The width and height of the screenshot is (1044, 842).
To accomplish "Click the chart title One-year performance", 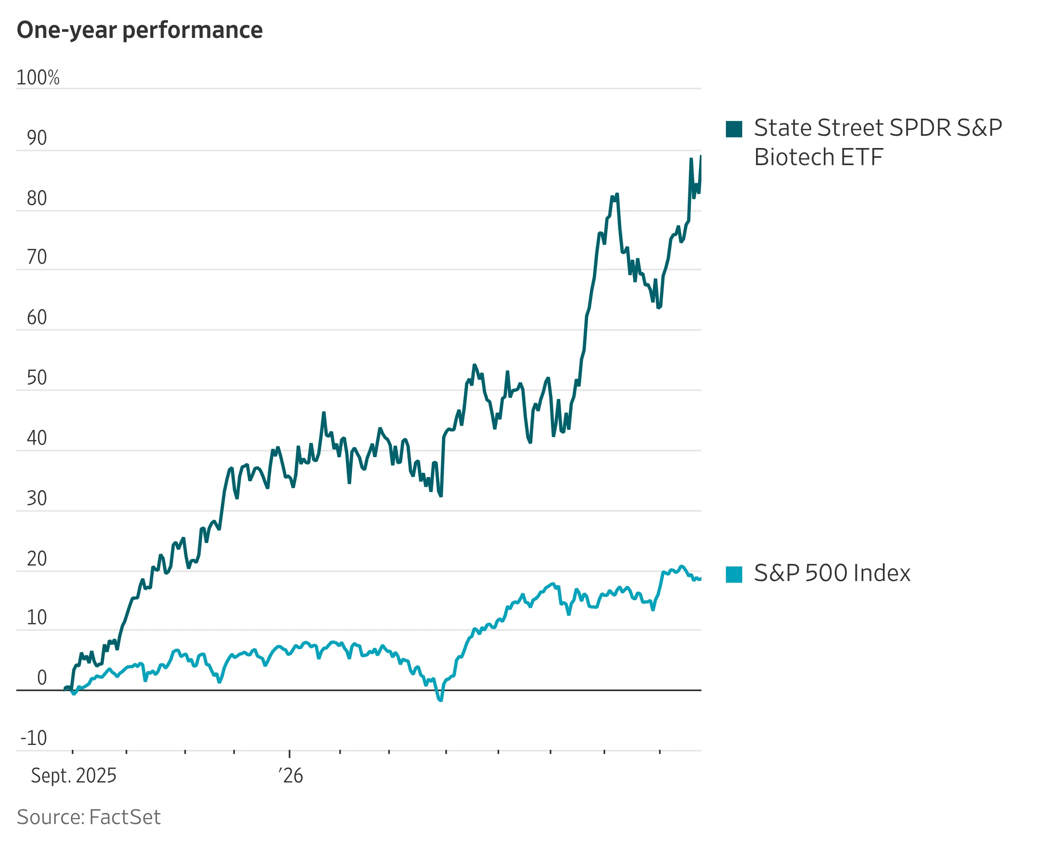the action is click(x=140, y=30).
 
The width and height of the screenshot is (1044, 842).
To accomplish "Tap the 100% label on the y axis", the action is click(x=38, y=77).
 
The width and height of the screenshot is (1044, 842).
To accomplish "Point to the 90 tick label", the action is click(x=37, y=138).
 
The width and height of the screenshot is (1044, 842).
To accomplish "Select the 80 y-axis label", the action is click(x=37, y=199).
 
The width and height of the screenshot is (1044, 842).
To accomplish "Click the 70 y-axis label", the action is click(x=37, y=257).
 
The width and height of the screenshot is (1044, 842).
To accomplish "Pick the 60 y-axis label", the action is click(x=37, y=318).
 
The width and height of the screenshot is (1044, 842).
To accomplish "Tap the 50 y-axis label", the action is click(x=37, y=378).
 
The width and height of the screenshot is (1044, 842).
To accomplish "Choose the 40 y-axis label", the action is click(x=37, y=438).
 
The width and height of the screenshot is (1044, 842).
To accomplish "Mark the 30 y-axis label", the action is click(x=37, y=499).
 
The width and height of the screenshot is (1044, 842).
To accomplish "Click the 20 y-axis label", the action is click(x=37, y=559).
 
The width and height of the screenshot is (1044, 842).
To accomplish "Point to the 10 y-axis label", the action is click(x=37, y=618).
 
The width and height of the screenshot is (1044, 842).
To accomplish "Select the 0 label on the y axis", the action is click(x=42, y=678).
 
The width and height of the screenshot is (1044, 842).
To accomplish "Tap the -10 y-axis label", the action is click(x=34, y=738).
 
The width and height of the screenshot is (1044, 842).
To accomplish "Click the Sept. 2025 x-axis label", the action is click(x=74, y=776).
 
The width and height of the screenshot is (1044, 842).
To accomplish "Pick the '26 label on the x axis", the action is click(x=291, y=776).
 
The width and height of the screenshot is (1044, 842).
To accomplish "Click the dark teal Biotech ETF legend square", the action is click(x=734, y=129).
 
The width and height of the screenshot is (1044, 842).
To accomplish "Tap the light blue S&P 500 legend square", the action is click(x=734, y=574).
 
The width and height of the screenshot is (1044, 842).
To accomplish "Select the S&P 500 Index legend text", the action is click(x=832, y=573).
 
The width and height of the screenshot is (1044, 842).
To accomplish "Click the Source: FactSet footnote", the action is click(x=88, y=817).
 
